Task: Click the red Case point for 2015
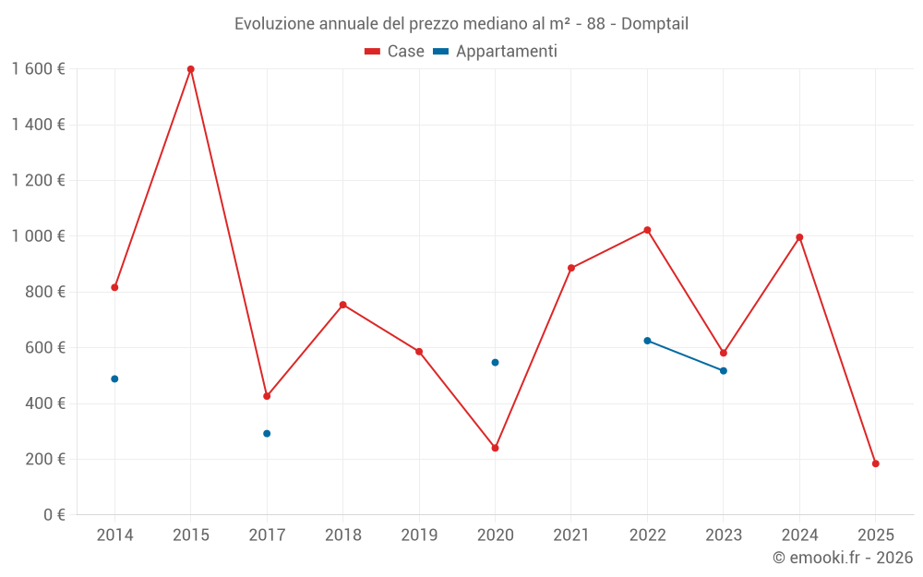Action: point(191,69)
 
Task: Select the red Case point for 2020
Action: point(495,448)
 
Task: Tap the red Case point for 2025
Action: point(875,463)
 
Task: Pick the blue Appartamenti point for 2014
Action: point(114,379)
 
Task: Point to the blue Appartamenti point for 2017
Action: point(267,433)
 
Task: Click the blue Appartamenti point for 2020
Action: point(495,362)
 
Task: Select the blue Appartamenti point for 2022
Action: point(647,341)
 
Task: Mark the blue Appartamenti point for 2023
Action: point(723,370)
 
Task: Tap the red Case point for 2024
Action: point(799,237)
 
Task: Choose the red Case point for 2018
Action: point(342,305)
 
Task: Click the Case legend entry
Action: point(395,52)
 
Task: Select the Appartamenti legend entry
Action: point(496,52)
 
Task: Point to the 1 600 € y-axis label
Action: point(38,69)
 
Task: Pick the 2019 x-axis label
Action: point(419,535)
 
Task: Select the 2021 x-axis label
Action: point(571,535)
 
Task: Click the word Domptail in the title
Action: point(654,23)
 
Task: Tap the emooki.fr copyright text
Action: point(843,558)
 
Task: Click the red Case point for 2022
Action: point(647,230)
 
